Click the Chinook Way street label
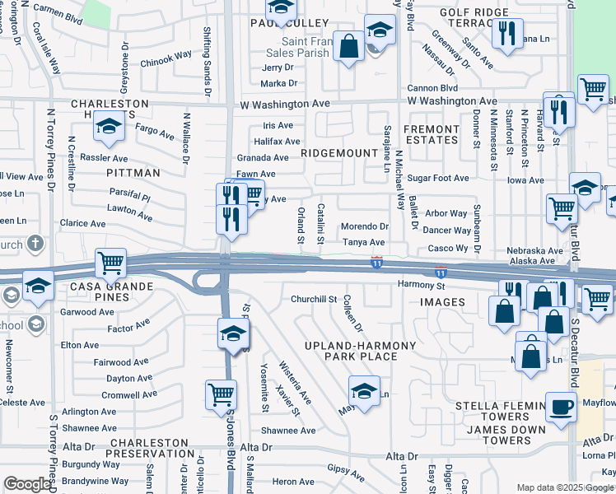(166, 60)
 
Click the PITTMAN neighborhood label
(133, 173)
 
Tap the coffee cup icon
(562, 406)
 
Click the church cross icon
(35, 244)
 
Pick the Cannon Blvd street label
(436, 88)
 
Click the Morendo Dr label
(364, 226)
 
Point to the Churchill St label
(314, 300)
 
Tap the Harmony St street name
(421, 286)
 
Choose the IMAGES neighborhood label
(442, 302)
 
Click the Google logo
(27, 484)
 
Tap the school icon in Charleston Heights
(107, 128)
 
